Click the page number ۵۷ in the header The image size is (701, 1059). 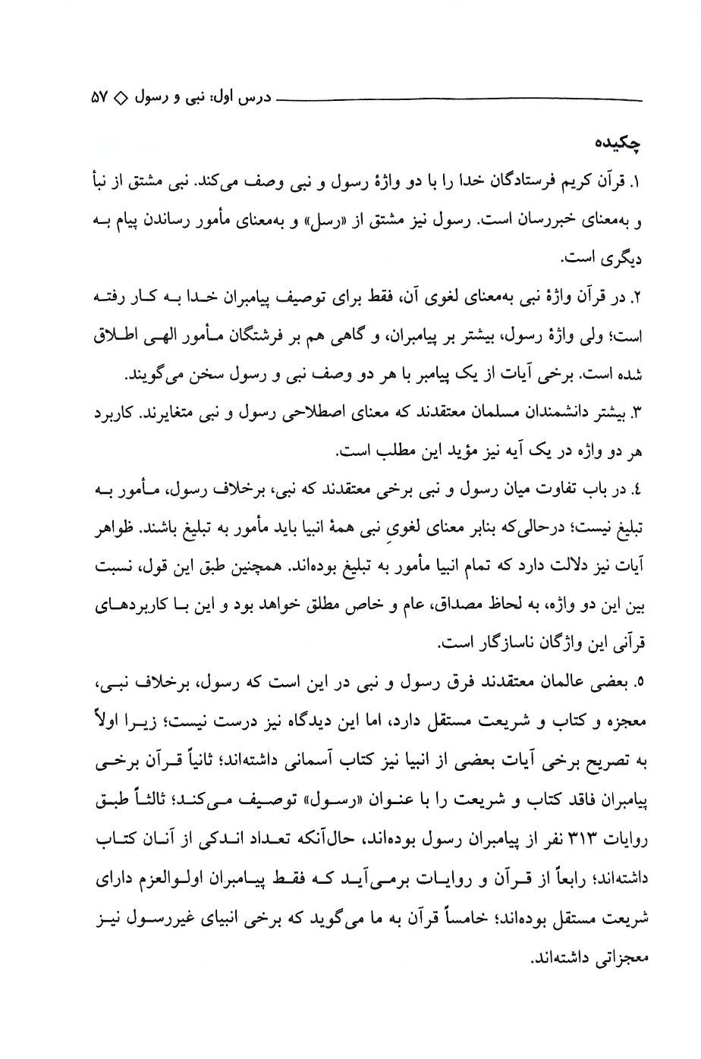100,99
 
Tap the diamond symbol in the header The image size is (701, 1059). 124,99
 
